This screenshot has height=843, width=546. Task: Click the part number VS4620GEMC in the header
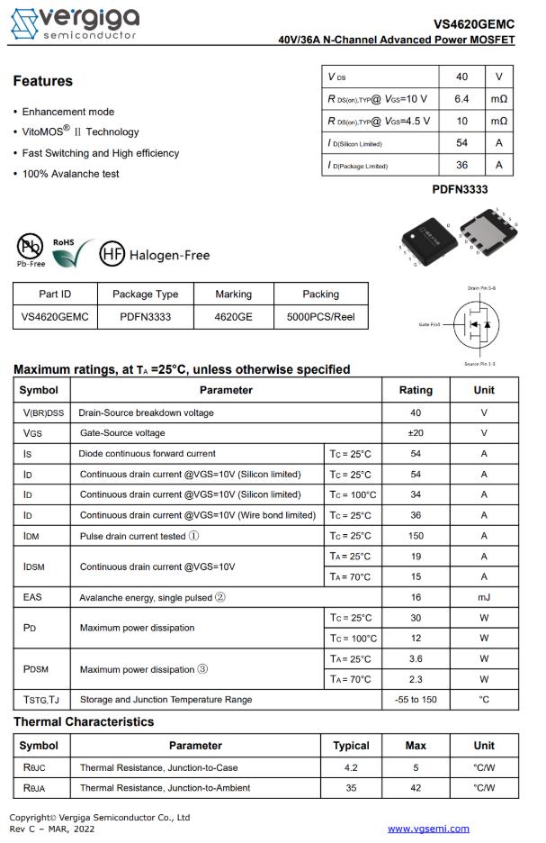pyautogui.click(x=474, y=24)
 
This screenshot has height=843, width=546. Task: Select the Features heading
pyautogui.click(x=42, y=81)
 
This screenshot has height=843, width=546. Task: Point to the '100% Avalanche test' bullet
pyautogui.click(x=70, y=174)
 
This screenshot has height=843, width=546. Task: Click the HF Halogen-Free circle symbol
pyautogui.click(x=112, y=255)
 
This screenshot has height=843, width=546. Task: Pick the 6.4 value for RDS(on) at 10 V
pyautogui.click(x=462, y=98)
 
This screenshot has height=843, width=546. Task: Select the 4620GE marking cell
pyautogui.click(x=233, y=317)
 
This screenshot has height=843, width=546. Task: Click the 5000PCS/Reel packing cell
pyautogui.click(x=320, y=317)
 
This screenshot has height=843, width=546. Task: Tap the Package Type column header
pyautogui.click(x=145, y=295)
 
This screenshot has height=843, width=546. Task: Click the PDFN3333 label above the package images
pyautogui.click(x=460, y=190)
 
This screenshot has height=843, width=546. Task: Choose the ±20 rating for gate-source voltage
pyautogui.click(x=416, y=433)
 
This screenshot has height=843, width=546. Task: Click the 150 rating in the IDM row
pyautogui.click(x=416, y=536)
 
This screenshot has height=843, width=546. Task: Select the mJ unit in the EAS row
pyautogui.click(x=484, y=597)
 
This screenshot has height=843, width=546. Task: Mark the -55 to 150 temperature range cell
pyautogui.click(x=416, y=700)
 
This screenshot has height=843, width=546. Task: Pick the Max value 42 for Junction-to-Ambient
pyautogui.click(x=416, y=788)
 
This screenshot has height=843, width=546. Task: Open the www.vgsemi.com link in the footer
pyautogui.click(x=428, y=829)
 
